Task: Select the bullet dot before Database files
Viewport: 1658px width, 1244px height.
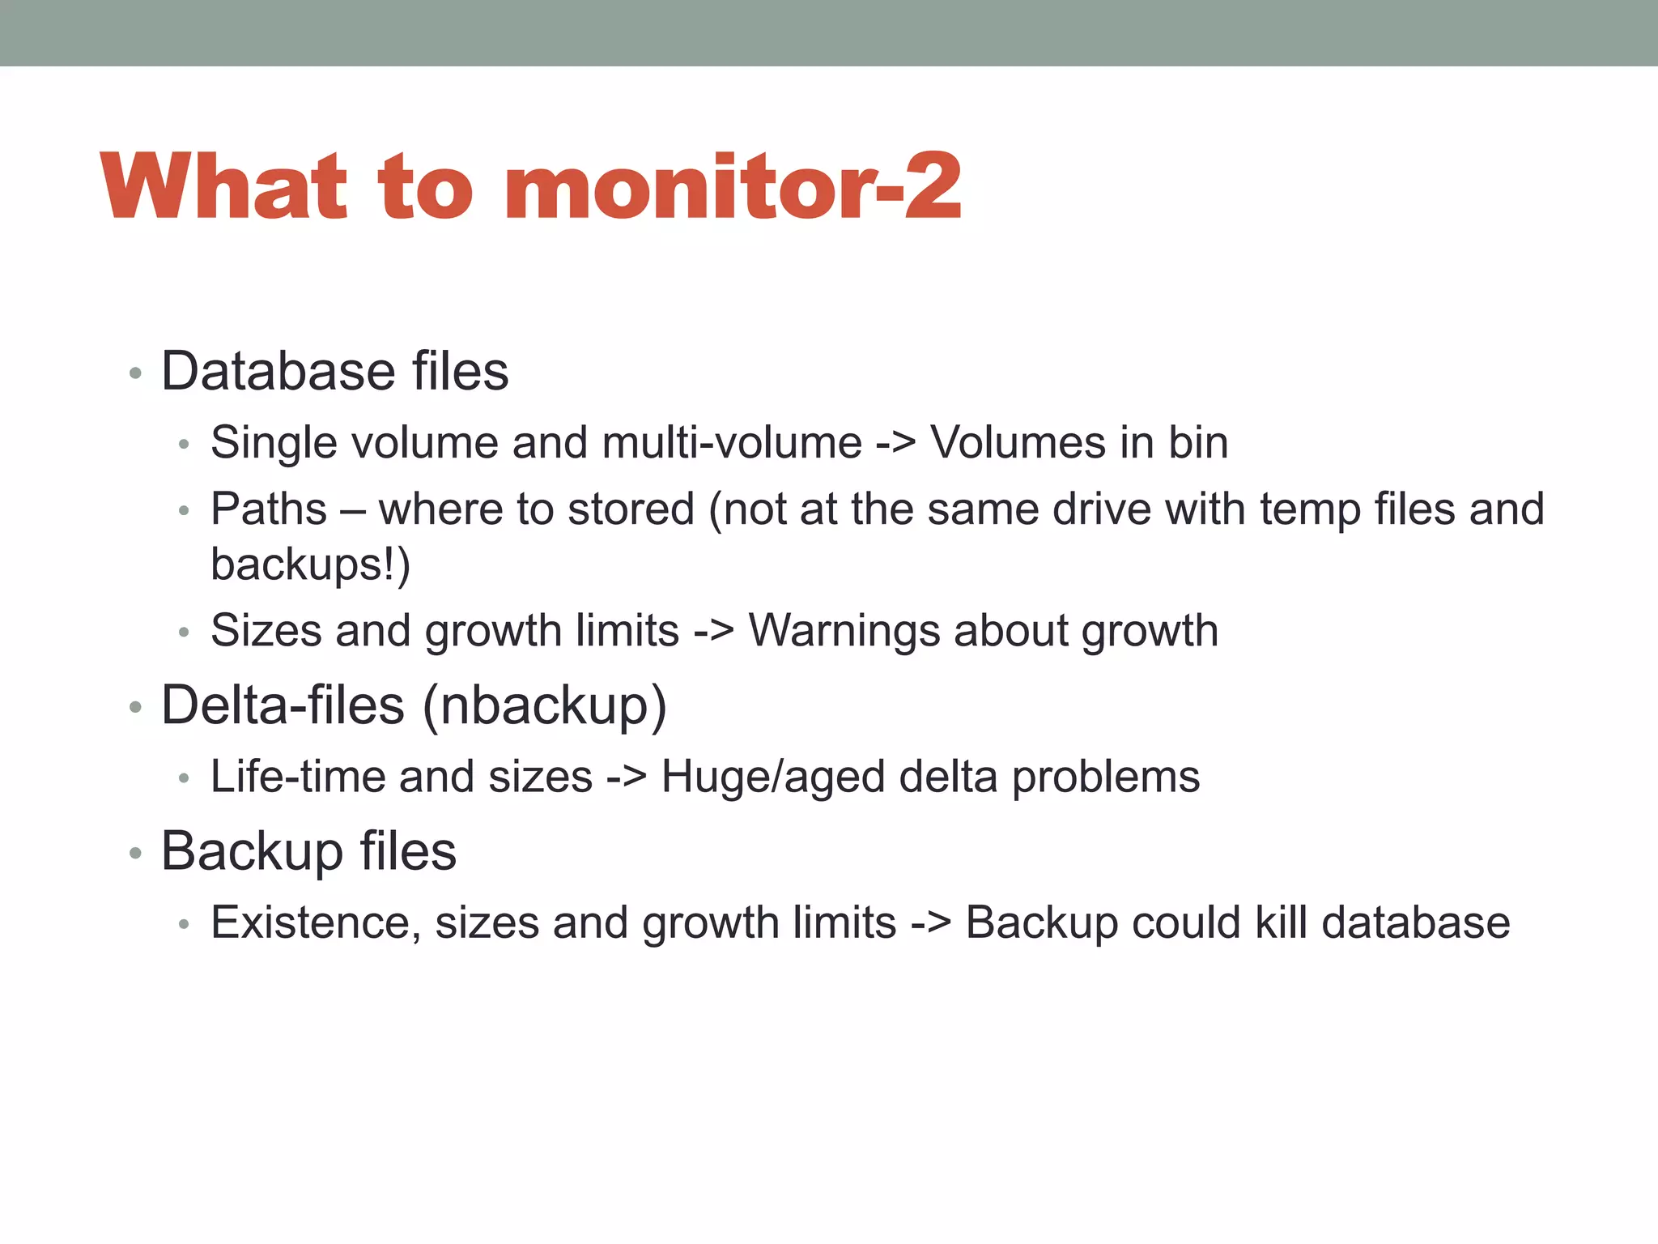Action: pos(135,373)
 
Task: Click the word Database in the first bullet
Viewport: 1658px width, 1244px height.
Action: pos(278,372)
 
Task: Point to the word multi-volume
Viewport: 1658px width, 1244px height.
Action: pos(732,443)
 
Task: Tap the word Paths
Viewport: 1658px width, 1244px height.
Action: pos(269,509)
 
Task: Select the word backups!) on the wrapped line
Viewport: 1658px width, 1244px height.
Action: pos(310,564)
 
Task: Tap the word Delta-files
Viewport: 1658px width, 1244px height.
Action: pos(283,705)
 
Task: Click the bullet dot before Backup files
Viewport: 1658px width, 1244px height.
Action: pos(135,853)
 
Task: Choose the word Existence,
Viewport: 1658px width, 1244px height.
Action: pos(315,923)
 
